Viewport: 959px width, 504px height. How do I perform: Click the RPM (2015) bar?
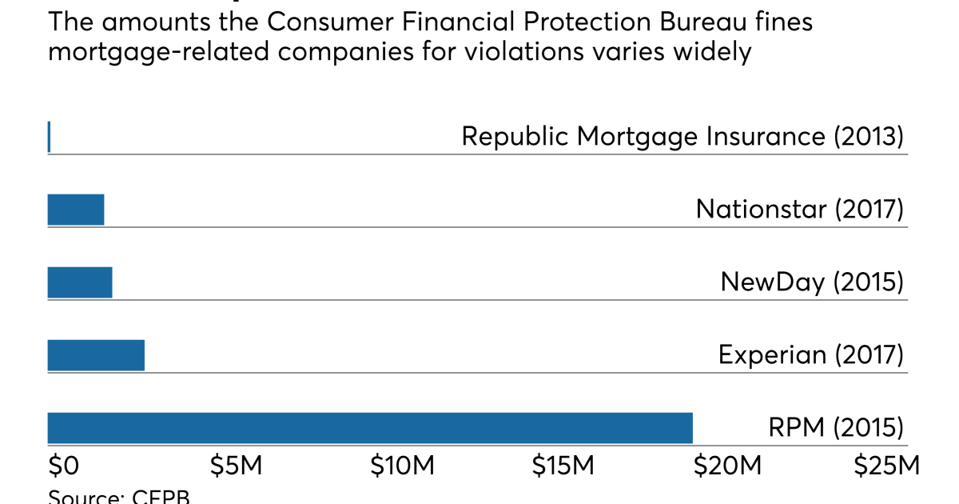click(x=369, y=428)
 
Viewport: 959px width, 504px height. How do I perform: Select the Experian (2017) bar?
click(x=96, y=355)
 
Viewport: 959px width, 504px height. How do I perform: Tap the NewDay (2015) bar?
click(x=80, y=282)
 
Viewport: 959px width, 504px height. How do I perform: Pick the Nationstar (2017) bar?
click(x=76, y=210)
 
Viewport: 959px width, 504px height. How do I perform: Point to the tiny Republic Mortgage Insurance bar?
click(x=49, y=137)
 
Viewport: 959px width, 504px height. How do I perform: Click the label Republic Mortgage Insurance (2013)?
click(x=682, y=136)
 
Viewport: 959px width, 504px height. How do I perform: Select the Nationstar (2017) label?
click(x=799, y=210)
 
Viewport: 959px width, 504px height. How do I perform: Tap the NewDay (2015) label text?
click(x=811, y=282)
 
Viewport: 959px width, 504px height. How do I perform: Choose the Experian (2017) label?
click(x=810, y=354)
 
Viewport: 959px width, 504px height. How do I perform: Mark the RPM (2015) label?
click(x=836, y=427)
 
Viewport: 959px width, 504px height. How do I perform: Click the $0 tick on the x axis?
click(x=63, y=466)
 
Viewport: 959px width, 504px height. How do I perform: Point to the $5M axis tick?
click(x=235, y=466)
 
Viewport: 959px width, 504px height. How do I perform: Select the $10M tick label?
click(x=402, y=466)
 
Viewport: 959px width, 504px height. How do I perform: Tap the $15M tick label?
click(x=564, y=466)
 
